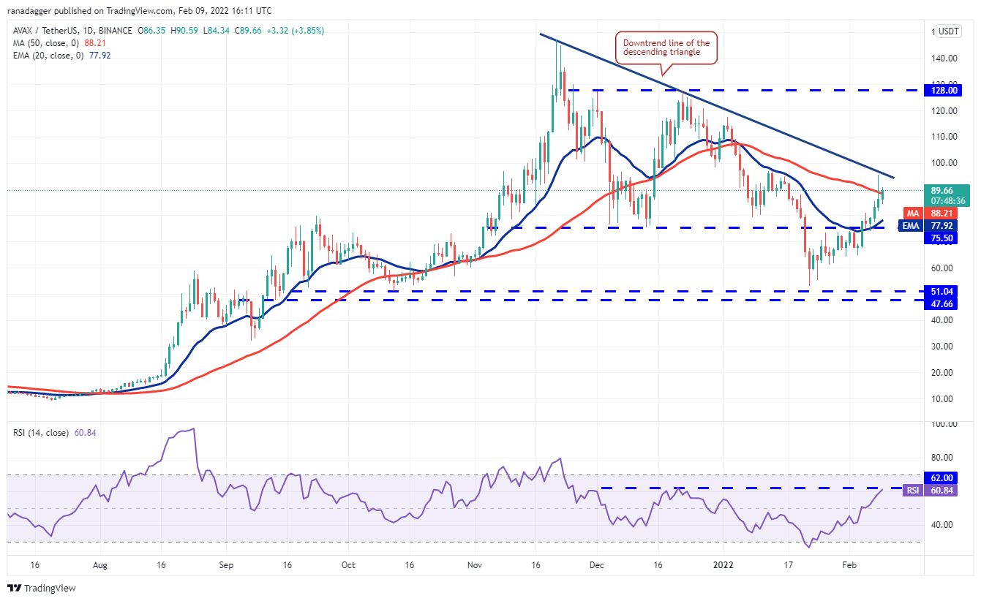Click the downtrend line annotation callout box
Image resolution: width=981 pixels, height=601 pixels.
pos(666,48)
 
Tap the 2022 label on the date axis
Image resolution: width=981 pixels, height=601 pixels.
pos(723,565)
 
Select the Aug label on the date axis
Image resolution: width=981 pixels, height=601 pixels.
pos(100,565)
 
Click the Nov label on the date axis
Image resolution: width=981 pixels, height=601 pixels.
pos(475,565)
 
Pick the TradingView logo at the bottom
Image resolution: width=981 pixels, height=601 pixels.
pos(42,588)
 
